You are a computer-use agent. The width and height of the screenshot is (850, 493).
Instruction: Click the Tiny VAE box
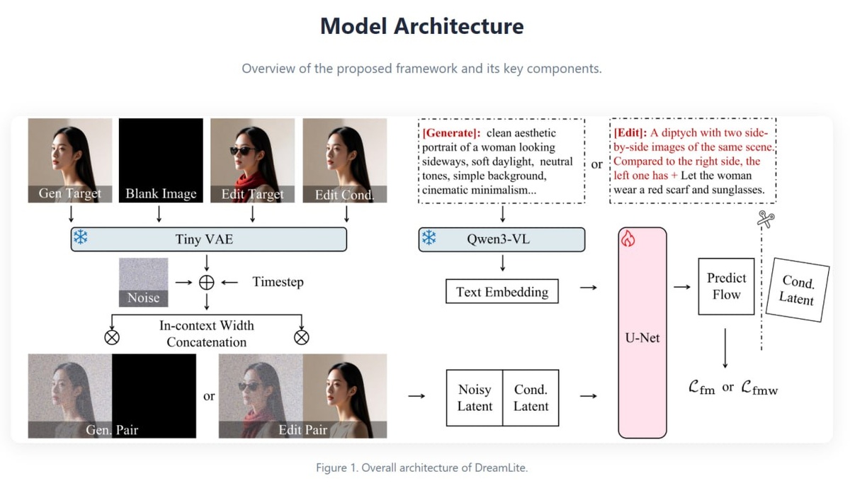(x=209, y=239)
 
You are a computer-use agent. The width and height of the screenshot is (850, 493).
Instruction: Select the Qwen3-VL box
(x=501, y=239)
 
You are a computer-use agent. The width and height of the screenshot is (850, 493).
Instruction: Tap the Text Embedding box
(x=502, y=291)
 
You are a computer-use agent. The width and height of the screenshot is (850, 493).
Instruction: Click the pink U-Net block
(x=642, y=333)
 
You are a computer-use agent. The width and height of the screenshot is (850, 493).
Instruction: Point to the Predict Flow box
(x=726, y=287)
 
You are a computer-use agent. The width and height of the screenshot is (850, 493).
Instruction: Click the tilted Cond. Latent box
(x=798, y=290)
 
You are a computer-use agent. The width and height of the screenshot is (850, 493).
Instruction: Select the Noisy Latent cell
(x=475, y=398)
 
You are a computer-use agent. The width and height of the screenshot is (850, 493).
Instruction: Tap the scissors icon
(x=766, y=219)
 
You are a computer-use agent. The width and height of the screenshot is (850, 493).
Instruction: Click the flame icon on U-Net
(x=628, y=239)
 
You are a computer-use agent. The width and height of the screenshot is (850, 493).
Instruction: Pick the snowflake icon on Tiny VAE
(x=81, y=237)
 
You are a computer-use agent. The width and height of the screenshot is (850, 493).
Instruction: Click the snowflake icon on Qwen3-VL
(x=429, y=237)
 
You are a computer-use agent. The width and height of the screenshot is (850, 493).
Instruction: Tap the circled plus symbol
(x=206, y=283)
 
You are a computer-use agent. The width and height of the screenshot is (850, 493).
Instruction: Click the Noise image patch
(x=143, y=283)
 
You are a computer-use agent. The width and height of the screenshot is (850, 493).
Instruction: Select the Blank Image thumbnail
(x=161, y=160)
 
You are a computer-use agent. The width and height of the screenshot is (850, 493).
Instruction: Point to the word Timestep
(x=278, y=282)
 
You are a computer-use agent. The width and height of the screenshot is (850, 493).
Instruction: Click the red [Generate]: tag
(x=452, y=133)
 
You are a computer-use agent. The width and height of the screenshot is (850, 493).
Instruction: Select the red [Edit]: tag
(x=630, y=133)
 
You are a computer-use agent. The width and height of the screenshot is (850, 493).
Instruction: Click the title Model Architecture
(x=422, y=25)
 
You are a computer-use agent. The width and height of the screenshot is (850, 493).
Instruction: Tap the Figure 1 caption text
(x=422, y=467)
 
